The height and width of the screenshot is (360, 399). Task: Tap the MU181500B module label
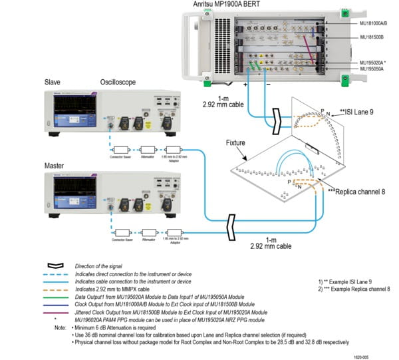[374, 38]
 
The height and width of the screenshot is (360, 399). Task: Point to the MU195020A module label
[375, 62]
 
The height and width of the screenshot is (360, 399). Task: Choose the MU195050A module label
[374, 69]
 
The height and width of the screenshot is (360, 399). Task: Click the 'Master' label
[55, 164]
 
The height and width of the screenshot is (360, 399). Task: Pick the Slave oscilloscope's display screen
[74, 108]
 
